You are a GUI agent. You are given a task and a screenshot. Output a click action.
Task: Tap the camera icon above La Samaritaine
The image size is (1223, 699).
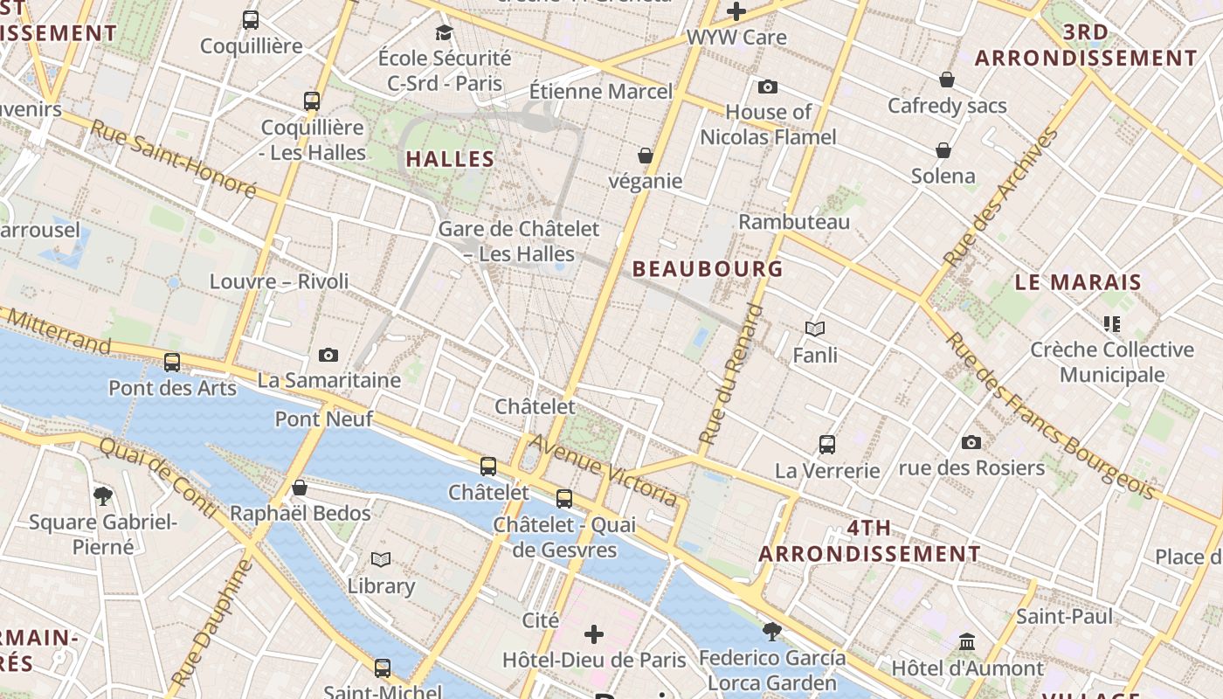[328, 355]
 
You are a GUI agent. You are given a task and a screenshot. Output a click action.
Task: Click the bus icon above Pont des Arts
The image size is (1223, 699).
[172, 362]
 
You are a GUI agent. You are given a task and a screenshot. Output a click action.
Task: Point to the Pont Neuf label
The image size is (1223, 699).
[324, 419]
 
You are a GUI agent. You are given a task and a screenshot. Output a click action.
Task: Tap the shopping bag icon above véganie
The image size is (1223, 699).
[646, 156]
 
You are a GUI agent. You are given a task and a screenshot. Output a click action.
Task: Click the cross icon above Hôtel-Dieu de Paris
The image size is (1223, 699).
[594, 633]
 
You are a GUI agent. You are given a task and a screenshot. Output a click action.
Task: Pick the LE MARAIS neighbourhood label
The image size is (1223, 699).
[1078, 282]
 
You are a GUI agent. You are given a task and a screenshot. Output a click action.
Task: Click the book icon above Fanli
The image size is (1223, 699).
[815, 329]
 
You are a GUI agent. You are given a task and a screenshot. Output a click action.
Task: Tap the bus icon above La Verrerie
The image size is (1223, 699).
[827, 445]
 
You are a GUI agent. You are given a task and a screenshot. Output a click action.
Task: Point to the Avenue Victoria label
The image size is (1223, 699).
[604, 469]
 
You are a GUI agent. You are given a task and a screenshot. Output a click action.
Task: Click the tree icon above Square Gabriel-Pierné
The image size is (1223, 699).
[103, 496]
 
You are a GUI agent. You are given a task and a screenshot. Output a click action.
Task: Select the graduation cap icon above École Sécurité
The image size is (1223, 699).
[445, 33]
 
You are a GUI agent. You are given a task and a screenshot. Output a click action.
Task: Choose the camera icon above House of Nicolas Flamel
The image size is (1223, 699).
[768, 87]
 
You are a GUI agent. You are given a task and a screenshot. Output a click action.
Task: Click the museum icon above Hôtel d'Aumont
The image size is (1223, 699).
[967, 642]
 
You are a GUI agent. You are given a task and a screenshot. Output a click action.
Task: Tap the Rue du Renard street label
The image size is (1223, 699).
[732, 374]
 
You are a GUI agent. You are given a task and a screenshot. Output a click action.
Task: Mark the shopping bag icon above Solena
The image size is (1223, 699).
[943, 150]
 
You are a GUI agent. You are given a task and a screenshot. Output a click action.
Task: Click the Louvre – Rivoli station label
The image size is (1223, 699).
[279, 281]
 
